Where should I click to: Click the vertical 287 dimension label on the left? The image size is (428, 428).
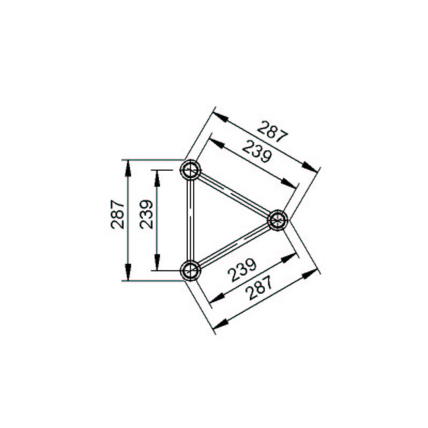[x=117, y=215]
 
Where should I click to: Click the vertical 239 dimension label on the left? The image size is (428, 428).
[x=146, y=215]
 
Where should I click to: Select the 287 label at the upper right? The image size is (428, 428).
[x=272, y=132]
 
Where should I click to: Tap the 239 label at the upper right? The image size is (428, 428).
[x=257, y=151]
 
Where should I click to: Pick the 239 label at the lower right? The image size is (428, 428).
[x=242, y=270]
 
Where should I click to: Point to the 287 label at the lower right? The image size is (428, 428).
[x=259, y=288]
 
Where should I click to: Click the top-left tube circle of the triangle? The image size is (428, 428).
[x=190, y=170]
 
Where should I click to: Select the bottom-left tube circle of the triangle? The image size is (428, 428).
[x=190, y=270]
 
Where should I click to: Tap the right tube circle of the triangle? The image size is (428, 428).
[x=278, y=220]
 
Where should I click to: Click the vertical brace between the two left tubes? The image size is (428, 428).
[x=190, y=220]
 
